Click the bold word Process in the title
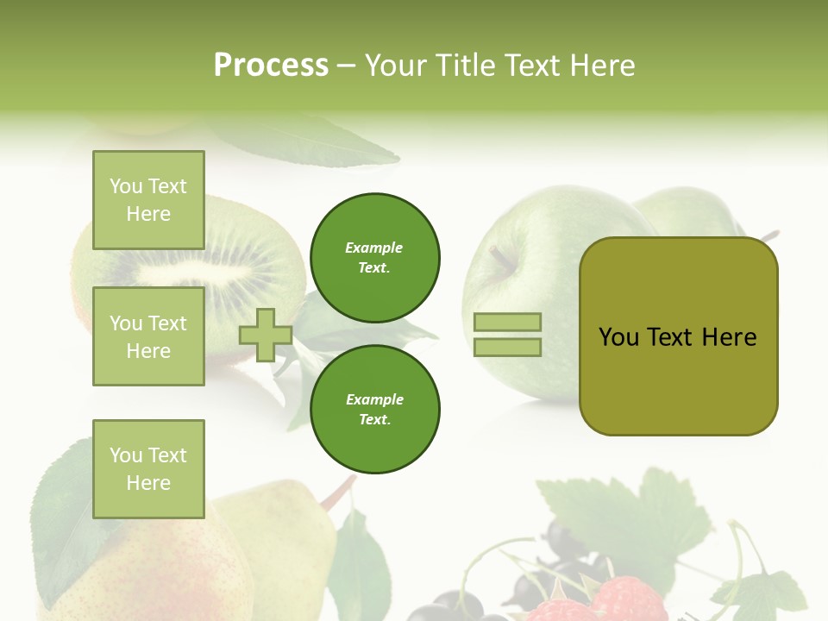(x=271, y=66)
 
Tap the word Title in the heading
(x=466, y=66)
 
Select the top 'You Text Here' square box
(x=148, y=200)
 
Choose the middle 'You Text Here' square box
(x=148, y=336)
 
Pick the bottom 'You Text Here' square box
(x=148, y=469)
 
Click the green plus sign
(x=266, y=335)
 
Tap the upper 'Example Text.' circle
(x=375, y=257)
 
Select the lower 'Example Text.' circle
(x=375, y=409)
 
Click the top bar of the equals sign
(x=507, y=323)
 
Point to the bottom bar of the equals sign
(x=507, y=347)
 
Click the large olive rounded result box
(x=678, y=336)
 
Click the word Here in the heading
(x=601, y=66)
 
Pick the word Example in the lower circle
(x=374, y=399)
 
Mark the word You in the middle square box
(x=124, y=323)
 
